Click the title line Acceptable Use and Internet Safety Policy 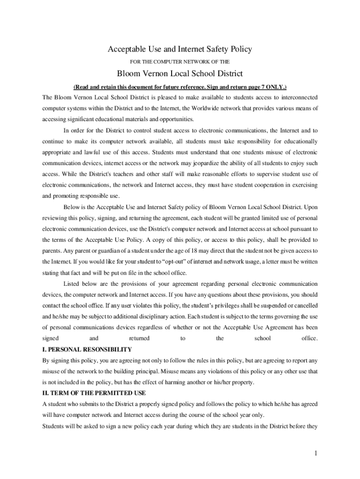(x=180, y=49)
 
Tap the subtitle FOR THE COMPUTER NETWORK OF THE (x=180, y=61)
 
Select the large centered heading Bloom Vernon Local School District (x=180, y=74)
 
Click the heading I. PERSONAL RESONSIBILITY (x=87, y=349)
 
